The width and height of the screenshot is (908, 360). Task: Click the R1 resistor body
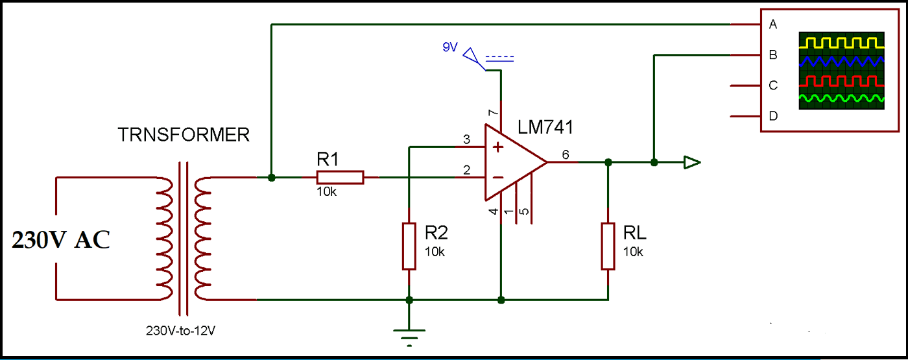coord(340,177)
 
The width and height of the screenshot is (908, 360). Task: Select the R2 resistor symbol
coord(409,246)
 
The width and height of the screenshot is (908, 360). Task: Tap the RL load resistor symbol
coord(608,246)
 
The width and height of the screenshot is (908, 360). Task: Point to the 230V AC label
coord(61,240)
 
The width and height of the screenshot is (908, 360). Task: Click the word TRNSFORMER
coord(184,135)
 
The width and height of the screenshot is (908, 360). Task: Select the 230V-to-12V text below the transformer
coord(180,330)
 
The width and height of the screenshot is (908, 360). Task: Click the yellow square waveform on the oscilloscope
coord(841,43)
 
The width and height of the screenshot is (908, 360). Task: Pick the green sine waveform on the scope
coord(841,99)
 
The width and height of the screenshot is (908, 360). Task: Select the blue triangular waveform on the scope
coord(841,62)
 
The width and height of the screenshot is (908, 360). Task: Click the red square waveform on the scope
coord(841,81)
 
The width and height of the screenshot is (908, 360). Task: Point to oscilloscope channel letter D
coord(772,116)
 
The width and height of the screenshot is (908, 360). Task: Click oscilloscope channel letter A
coord(772,25)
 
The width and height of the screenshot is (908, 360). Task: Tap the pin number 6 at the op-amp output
coord(565,154)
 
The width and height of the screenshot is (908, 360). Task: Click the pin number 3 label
coord(466,139)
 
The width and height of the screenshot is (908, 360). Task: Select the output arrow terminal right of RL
coord(692,162)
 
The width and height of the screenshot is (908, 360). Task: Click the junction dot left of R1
coord(272,177)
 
